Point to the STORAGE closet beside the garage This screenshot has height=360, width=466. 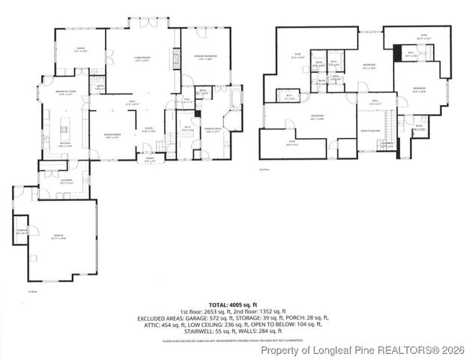[22, 232]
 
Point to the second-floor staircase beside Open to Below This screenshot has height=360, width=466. [390, 120]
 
